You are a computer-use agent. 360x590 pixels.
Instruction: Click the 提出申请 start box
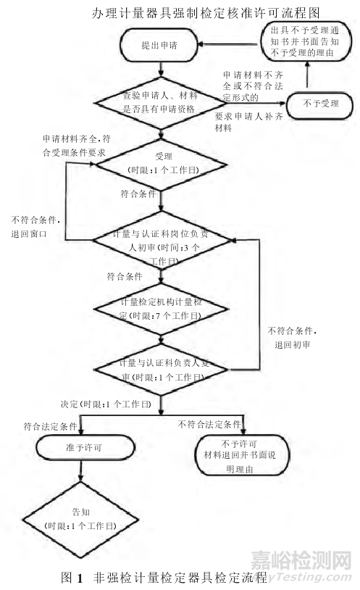click(161, 44)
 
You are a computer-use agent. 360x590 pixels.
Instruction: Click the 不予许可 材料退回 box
click(243, 454)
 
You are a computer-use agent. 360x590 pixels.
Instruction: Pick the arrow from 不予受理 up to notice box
click(308, 78)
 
